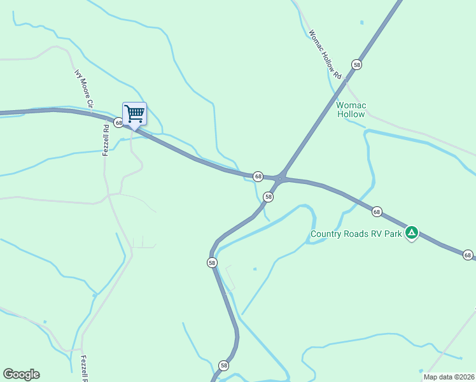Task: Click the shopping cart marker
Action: pos(134,114)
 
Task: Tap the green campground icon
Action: pos(412,233)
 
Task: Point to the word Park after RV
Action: pos(393,234)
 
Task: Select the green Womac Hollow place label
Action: pos(351,110)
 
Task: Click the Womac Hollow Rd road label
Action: pos(325,55)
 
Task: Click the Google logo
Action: pos(21,374)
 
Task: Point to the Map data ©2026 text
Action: pos(449,377)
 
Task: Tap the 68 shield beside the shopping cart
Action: pos(118,122)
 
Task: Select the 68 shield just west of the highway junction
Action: pos(258,176)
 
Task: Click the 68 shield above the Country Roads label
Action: pos(377,211)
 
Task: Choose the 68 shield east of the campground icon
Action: pos(468,255)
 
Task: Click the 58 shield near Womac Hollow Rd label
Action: pos(356,65)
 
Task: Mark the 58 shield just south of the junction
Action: pos(269,197)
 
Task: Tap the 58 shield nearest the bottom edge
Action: pos(223,365)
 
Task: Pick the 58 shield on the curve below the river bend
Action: pos(212,262)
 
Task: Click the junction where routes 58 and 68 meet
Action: pos(280,178)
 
